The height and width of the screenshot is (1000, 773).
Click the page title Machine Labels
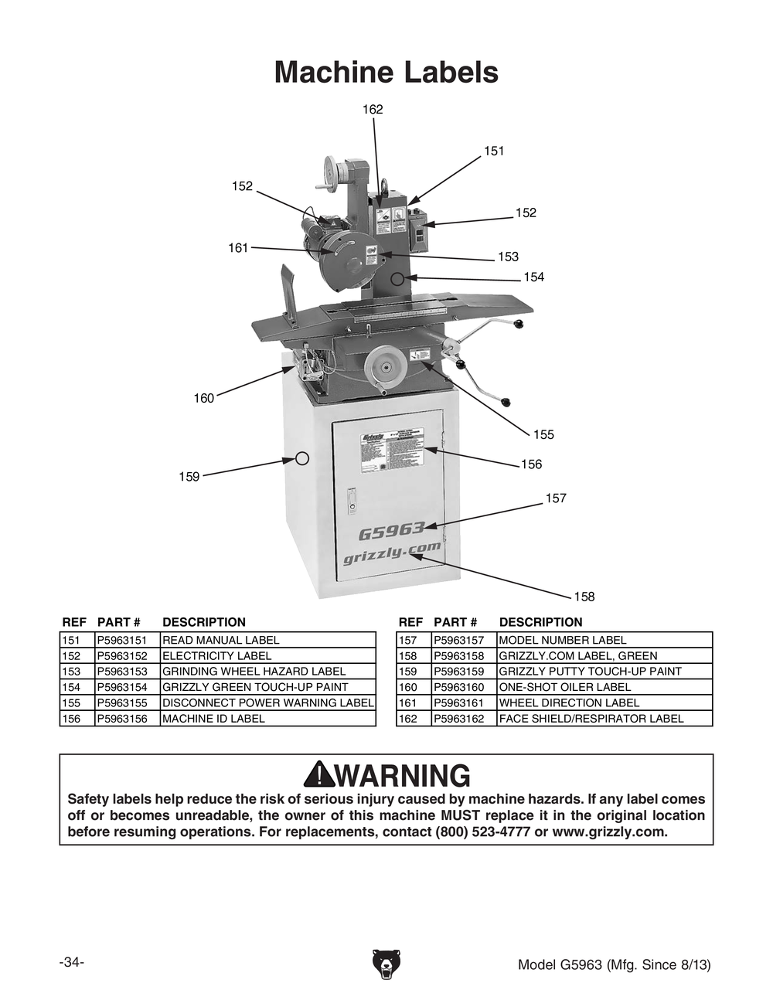pos(386,73)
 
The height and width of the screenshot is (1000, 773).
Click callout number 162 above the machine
pos(373,110)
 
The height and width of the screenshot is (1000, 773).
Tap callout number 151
pos(494,151)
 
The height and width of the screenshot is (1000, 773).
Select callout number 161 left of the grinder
pos(238,247)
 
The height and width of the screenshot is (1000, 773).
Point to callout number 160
pos(203,398)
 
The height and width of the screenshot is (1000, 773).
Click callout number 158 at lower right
pos(584,596)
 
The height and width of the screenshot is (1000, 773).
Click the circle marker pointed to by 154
pos(397,278)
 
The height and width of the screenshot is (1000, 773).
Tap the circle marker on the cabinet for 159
pos(303,458)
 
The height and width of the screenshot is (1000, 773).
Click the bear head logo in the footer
pos(386,963)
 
